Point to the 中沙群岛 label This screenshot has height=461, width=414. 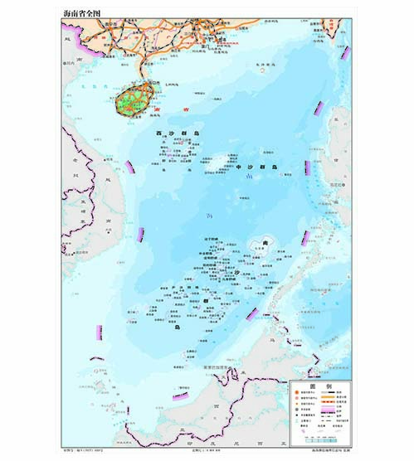click(x=258, y=167)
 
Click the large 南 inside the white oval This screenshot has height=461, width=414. click(x=265, y=242)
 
